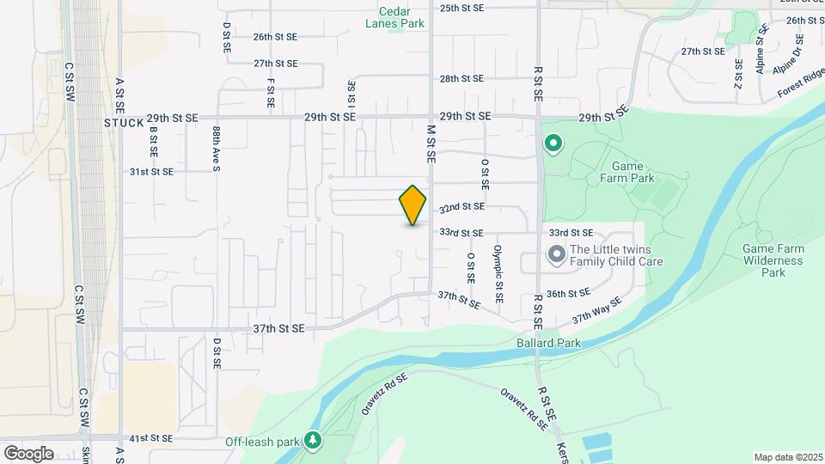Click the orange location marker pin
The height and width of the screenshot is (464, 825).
pos(413,205)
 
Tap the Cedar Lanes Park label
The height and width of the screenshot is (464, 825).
pos(402,18)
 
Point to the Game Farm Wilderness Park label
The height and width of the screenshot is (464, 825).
pos(773,260)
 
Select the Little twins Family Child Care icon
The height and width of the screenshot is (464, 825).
pos(556,254)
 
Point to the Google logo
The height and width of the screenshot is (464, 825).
pos(29,453)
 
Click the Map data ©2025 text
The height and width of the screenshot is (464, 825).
pos(786,456)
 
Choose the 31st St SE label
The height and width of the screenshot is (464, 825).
pos(151,172)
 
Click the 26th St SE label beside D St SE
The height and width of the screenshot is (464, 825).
pos(275,37)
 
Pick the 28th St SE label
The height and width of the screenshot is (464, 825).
pos(462,78)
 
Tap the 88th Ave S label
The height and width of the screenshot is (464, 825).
pos(217,149)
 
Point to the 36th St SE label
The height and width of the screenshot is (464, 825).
pos(568,293)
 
